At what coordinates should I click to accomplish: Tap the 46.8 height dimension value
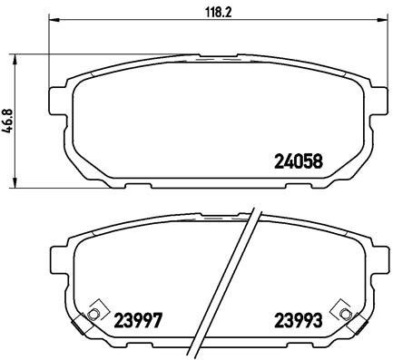coord(9,121)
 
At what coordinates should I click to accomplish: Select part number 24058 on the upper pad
coord(299,164)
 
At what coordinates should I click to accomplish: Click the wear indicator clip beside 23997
coord(93,315)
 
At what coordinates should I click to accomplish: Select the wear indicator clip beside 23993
coord(344,315)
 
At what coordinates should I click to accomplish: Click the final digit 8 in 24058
coord(319,164)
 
